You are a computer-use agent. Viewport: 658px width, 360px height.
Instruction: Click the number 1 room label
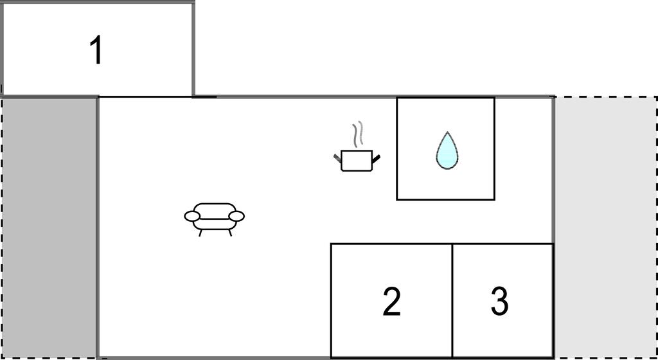[x=97, y=50]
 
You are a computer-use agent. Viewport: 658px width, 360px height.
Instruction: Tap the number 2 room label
[x=391, y=301]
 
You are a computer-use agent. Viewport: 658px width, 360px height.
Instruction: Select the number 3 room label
[x=500, y=301]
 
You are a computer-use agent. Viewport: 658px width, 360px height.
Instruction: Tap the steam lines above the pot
[x=357, y=134]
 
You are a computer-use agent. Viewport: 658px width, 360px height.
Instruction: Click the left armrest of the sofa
[x=192, y=216]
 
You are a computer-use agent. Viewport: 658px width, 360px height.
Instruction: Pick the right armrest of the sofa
[x=236, y=216]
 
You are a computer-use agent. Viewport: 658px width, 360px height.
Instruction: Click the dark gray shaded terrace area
[x=49, y=228]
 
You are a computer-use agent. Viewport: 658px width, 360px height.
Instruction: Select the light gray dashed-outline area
[x=606, y=228]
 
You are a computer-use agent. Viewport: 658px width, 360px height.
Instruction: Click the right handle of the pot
[x=376, y=159]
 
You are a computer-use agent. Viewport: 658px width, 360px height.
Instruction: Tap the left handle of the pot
[x=338, y=158]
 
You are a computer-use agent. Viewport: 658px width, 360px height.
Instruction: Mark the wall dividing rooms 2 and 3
[x=452, y=300]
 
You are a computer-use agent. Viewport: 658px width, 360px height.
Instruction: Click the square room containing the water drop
[x=446, y=148]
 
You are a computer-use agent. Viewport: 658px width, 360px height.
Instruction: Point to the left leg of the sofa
[x=200, y=233]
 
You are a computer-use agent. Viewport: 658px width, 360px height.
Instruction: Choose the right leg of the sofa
[x=229, y=233]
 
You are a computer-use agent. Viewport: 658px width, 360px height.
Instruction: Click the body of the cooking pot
[x=357, y=161]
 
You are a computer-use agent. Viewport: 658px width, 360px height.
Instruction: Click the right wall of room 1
[x=193, y=50]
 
